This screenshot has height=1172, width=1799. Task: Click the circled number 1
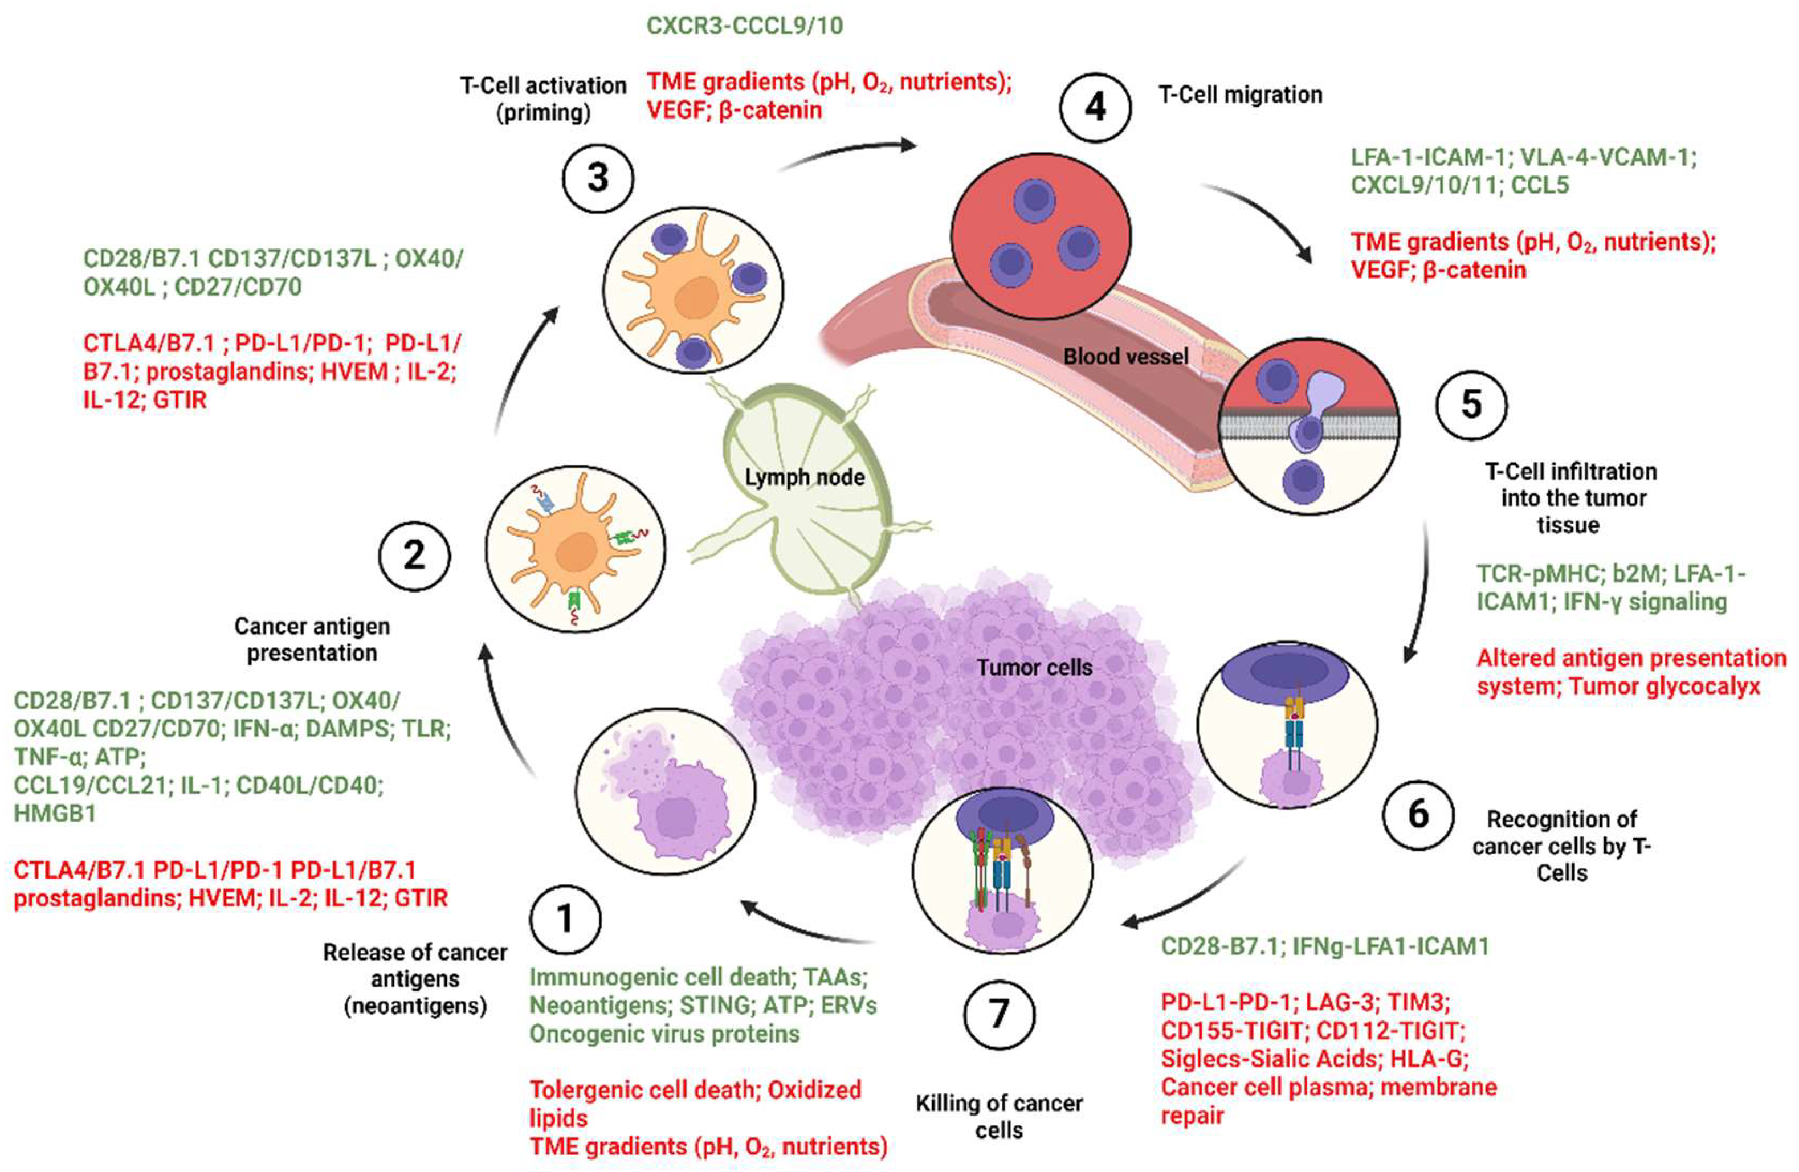tap(565, 919)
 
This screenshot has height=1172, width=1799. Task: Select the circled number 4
tap(1095, 107)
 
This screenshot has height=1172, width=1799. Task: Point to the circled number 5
tap(1471, 405)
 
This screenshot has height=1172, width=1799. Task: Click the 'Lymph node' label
tap(804, 477)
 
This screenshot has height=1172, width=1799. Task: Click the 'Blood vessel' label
tap(1125, 357)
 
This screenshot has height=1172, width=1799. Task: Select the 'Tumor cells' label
tap(1034, 668)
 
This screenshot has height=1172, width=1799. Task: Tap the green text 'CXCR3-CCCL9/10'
tap(745, 26)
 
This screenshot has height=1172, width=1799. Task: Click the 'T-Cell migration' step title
tap(1241, 95)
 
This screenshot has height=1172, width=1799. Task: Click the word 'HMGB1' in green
tap(55, 814)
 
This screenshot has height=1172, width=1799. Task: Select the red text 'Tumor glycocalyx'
tap(1665, 686)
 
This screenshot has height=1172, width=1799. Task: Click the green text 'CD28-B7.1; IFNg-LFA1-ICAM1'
tap(1324, 946)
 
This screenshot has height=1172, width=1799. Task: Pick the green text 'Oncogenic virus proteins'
tap(664, 1034)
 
